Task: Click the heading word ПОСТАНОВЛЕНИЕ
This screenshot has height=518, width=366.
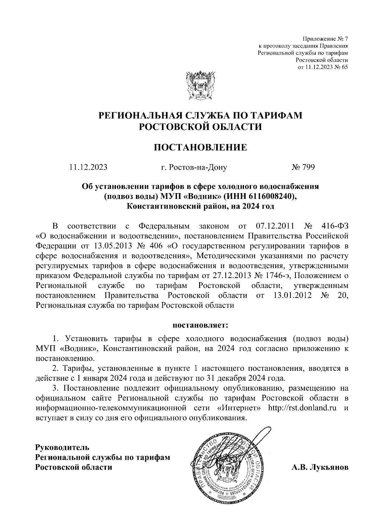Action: (x=200, y=148)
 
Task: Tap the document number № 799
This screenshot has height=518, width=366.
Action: (x=303, y=167)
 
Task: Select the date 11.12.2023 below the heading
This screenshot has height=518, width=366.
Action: (x=88, y=167)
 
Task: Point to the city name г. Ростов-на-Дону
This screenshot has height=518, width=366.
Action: (x=194, y=167)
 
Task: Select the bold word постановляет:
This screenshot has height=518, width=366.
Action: (x=200, y=325)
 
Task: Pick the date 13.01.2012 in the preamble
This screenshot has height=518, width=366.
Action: (x=289, y=296)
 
